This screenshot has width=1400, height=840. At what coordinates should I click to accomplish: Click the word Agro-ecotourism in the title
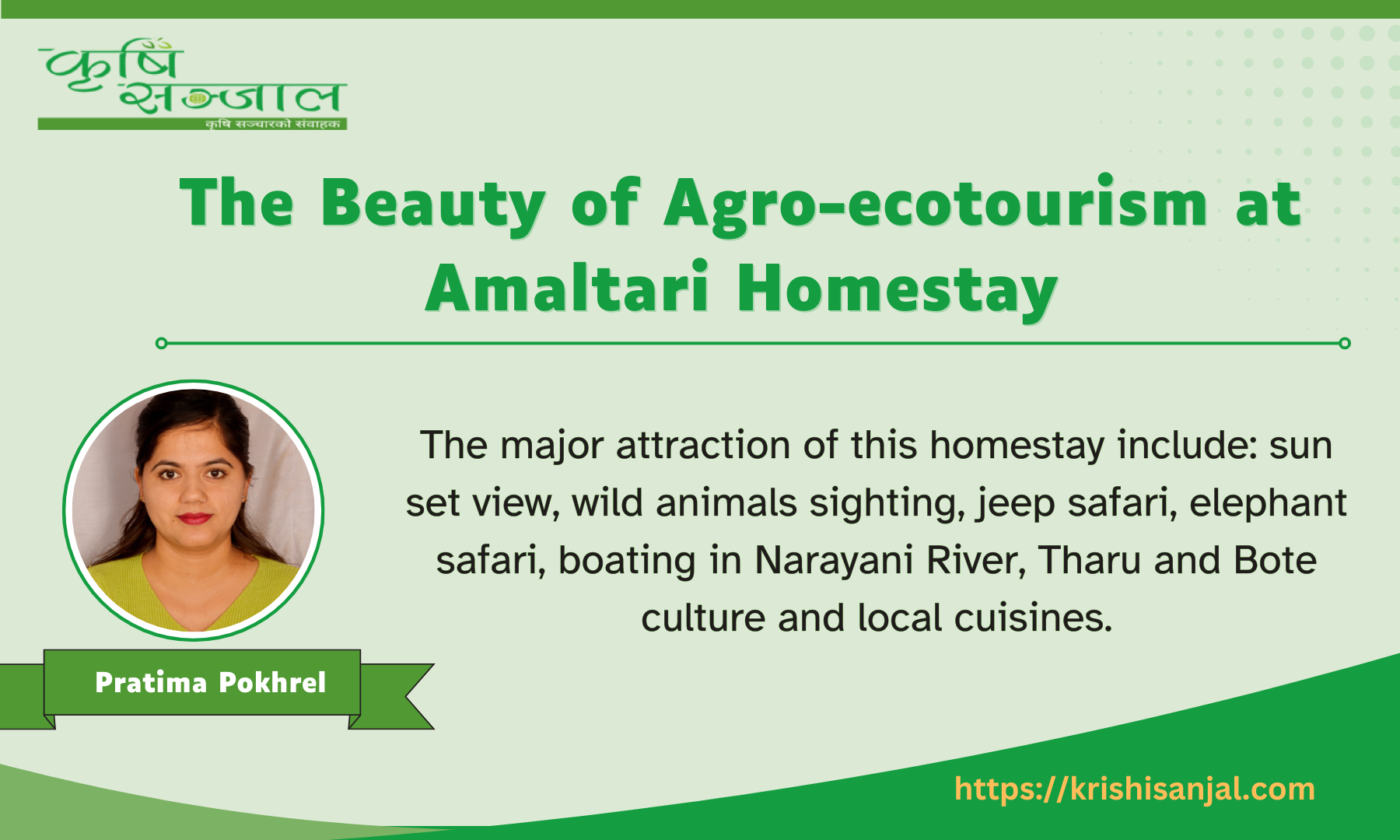(x=936, y=204)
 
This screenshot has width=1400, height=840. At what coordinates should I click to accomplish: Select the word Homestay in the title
(x=897, y=289)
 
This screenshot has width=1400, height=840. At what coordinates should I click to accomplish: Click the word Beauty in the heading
(x=432, y=204)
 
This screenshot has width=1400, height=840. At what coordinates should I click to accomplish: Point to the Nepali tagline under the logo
(x=272, y=124)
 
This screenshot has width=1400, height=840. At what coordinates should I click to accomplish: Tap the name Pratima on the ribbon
(x=151, y=683)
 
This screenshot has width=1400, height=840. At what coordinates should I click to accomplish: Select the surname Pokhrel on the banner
(x=272, y=683)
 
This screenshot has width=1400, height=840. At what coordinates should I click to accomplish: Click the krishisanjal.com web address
(x=1134, y=789)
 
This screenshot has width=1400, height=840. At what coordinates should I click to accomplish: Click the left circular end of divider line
(x=161, y=343)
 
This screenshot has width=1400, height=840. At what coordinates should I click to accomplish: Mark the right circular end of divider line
(x=1344, y=343)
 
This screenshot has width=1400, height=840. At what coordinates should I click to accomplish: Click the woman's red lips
(x=194, y=518)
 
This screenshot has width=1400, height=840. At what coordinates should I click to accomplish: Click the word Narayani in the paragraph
(x=833, y=561)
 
